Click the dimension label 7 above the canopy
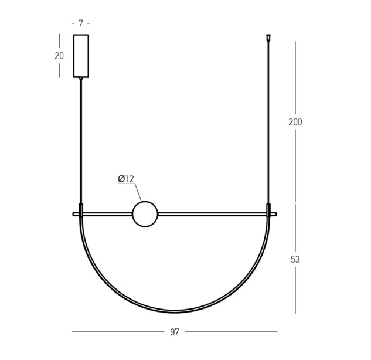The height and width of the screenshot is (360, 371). click(x=81, y=23)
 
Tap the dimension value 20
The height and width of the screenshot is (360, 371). click(x=59, y=56)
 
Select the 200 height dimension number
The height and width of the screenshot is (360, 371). click(x=295, y=122)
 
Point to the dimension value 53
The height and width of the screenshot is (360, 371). click(x=295, y=259)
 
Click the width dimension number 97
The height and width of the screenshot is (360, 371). click(x=175, y=332)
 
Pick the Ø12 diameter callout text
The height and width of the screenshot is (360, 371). click(x=126, y=179)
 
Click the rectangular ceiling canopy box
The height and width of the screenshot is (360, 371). click(x=81, y=56)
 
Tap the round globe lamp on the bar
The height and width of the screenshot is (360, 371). click(x=145, y=214)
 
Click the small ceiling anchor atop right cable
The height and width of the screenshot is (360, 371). click(x=268, y=37)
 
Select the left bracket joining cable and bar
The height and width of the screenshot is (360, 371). click(x=81, y=210)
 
